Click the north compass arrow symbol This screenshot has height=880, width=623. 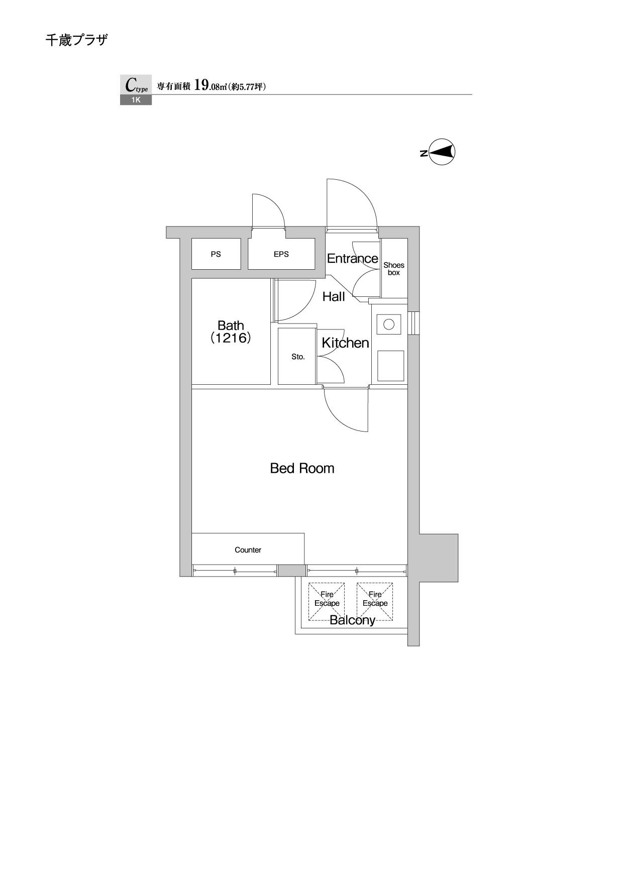coord(442,152)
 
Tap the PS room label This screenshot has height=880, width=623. coord(216,254)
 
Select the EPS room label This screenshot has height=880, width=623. coord(281,254)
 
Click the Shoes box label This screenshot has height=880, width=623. coord(394,269)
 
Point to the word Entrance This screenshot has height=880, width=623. coord(352,259)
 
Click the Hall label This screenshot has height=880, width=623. coord(334,297)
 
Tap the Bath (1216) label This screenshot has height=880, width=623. coord(231,332)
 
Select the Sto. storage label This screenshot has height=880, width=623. coord(298,357)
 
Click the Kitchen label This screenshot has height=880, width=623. coord(345,343)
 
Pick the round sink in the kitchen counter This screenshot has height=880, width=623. coord(389,324)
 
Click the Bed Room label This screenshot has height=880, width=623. coord(302,469)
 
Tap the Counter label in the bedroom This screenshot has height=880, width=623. coord(248,550)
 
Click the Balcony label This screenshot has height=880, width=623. coord(352,620)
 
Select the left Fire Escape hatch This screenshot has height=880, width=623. coord(327,601)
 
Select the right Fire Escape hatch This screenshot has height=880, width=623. coord(375,601)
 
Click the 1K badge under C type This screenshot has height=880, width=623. coord(136,100)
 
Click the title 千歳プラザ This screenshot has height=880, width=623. coord(76,40)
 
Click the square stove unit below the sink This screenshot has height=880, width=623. coord(391,366)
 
